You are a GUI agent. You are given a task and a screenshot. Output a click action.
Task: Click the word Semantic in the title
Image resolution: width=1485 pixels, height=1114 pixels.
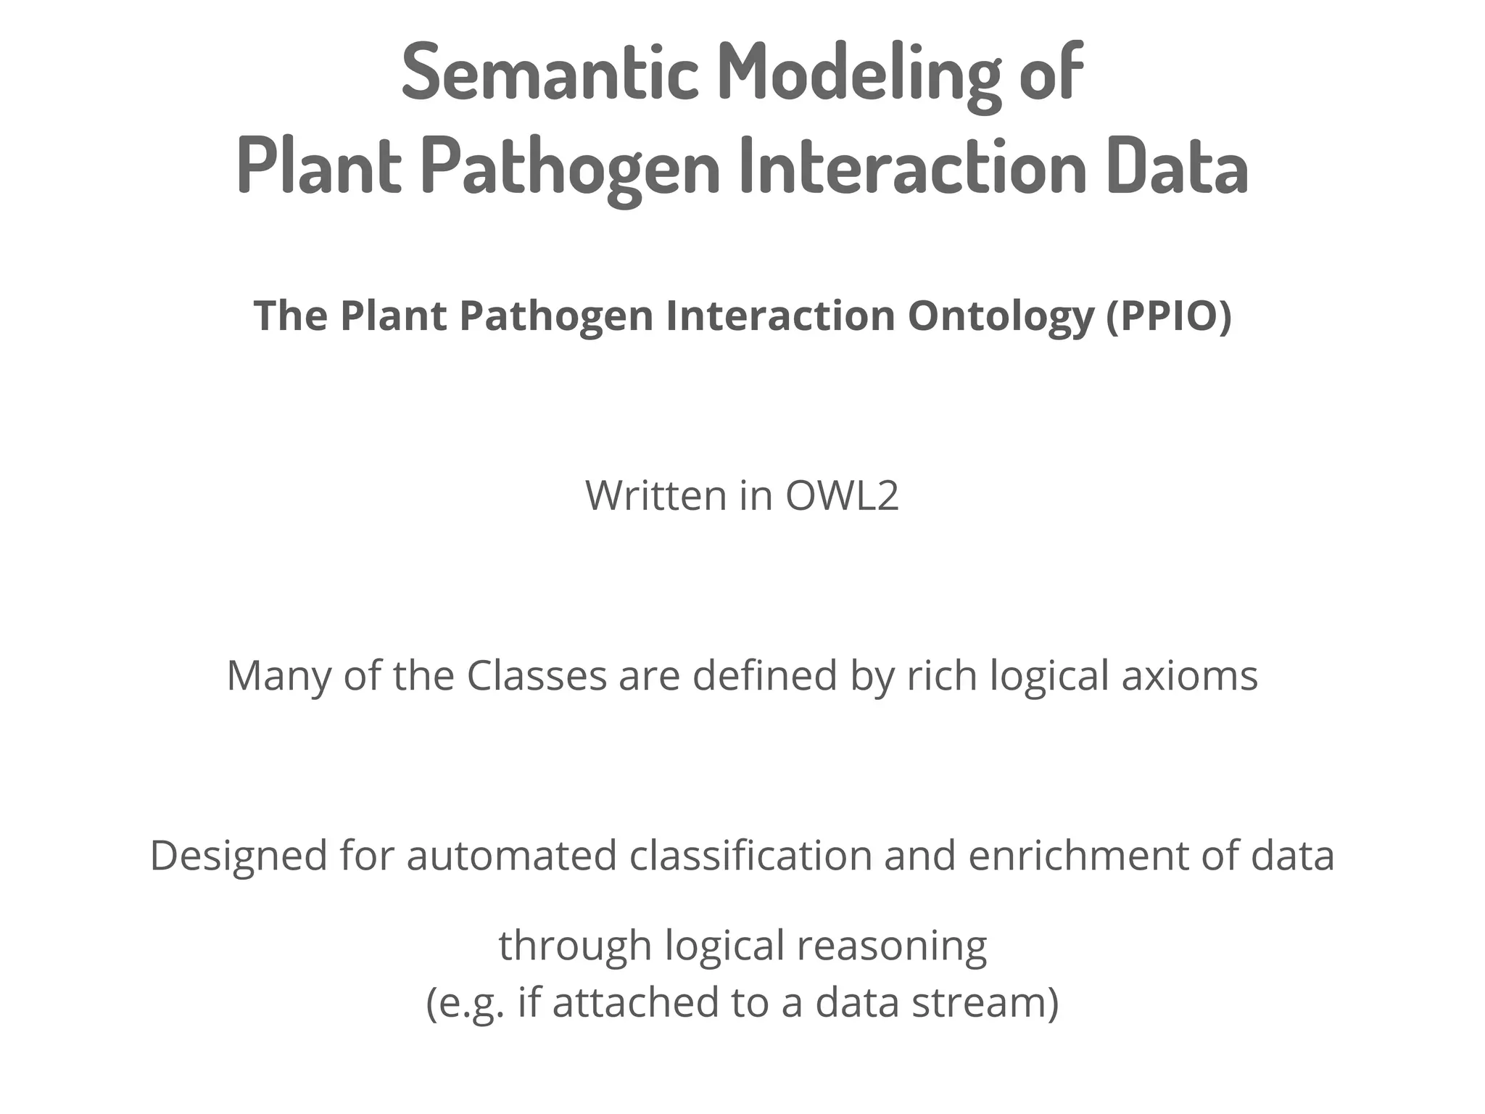tap(550, 73)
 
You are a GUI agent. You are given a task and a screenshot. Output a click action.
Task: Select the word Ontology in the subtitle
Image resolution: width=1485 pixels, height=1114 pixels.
tap(1000, 316)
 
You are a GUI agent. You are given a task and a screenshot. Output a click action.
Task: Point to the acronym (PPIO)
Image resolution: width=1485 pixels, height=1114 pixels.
tap(1169, 316)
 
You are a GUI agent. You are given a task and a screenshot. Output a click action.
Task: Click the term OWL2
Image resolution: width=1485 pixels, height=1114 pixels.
tap(842, 496)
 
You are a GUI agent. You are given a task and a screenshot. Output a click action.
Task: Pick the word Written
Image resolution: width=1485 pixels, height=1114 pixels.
tap(655, 496)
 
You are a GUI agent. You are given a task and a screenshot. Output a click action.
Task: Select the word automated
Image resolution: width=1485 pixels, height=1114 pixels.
tap(511, 856)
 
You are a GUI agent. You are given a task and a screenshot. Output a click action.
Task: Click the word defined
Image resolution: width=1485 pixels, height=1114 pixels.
tap(764, 676)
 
